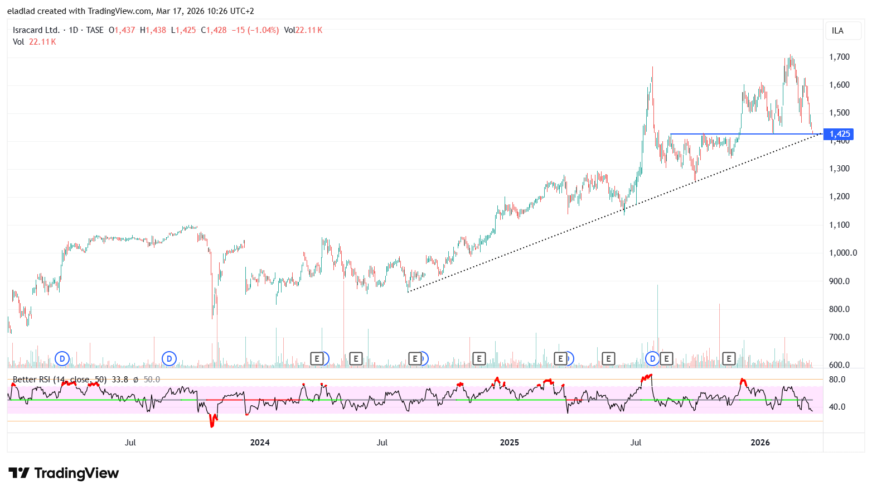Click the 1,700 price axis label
839,57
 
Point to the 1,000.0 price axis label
842,253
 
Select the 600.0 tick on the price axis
839,365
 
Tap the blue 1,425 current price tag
839,134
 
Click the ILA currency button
837,31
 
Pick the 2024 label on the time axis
260,443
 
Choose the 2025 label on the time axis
509,443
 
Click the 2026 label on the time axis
760,443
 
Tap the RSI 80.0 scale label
837,380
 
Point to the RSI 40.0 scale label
837,407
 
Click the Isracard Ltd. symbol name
36,30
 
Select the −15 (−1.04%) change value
255,30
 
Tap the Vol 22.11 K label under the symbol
35,42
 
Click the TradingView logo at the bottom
64,473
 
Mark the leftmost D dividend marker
62,358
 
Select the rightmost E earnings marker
728,358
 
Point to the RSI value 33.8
120,380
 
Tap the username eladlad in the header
21,11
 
